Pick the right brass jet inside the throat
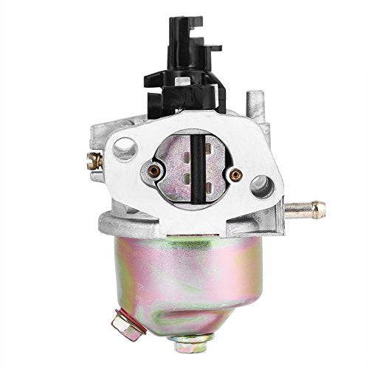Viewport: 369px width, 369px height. click(236, 174)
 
